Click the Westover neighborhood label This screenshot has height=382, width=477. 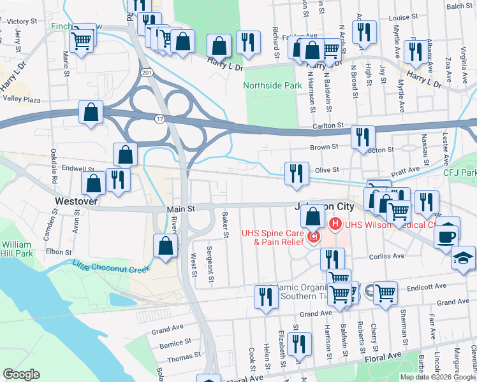pyautogui.click(x=76, y=201)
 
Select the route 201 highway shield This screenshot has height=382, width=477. pyautogui.click(x=147, y=74)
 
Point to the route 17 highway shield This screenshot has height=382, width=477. pyautogui.click(x=159, y=118)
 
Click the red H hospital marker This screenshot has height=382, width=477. pyautogui.click(x=335, y=225)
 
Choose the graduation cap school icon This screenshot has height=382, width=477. pyautogui.click(x=463, y=258)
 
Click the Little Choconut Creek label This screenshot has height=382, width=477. pyautogui.click(x=111, y=267)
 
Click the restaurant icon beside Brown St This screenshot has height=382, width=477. pyautogui.click(x=363, y=137)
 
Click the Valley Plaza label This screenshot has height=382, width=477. pyautogui.click(x=22, y=99)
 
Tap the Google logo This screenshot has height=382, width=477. pyautogui.click(x=21, y=374)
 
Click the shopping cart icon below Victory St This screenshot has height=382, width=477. pyautogui.click(x=80, y=42)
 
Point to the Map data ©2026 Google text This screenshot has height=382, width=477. pyautogui.click(x=437, y=377)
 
